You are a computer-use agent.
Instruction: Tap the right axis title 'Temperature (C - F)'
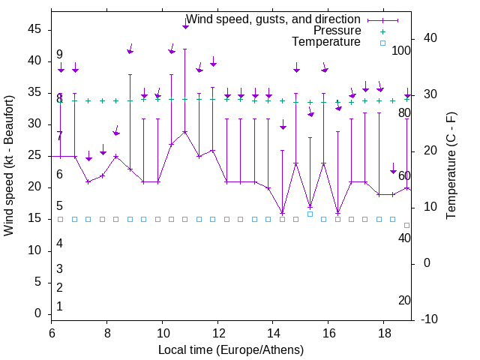pos(451,165)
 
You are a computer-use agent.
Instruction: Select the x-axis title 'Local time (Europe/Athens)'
pos(231,349)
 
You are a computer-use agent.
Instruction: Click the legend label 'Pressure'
pos(337,31)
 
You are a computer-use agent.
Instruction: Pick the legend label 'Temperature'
pos(326,42)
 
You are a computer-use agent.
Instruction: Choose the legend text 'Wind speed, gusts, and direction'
pos(273,19)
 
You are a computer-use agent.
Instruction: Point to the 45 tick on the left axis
pos(34,29)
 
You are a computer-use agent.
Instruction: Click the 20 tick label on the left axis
pos(34,187)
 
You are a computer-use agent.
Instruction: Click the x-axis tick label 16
pos(328,332)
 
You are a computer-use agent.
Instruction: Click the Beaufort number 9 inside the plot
pos(59,55)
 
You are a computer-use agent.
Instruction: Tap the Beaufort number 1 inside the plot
pos(59,307)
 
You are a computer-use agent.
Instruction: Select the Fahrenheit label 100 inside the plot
pos(401,51)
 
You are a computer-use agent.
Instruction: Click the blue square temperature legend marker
pos(382,43)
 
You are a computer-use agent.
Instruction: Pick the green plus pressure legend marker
pos(382,31)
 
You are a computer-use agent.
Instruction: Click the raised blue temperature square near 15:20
pos(310,214)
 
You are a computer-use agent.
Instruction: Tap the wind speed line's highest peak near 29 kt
pos(185,132)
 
